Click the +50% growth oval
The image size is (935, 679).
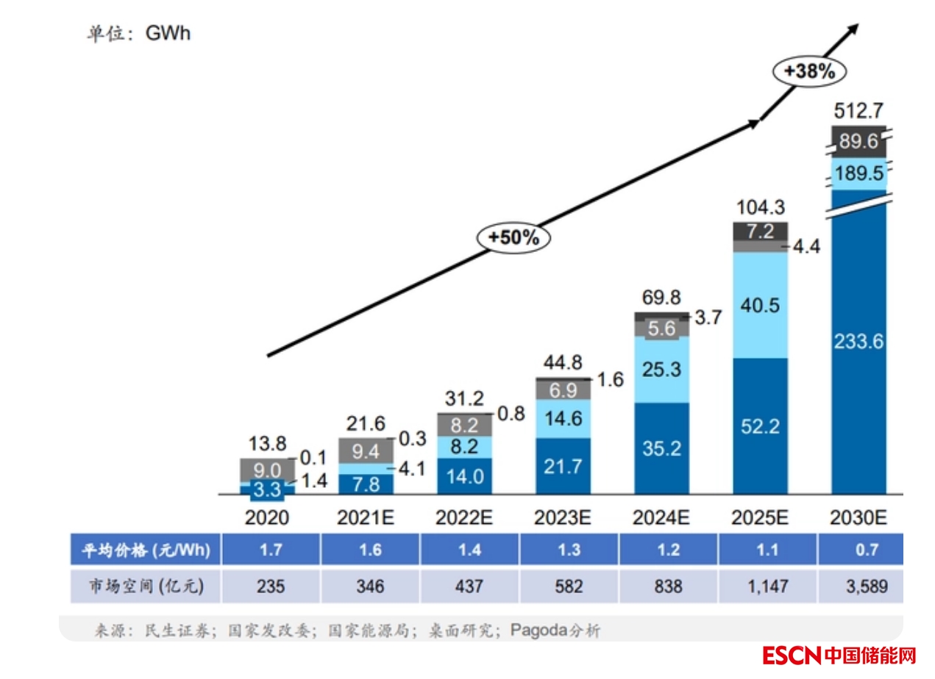tap(513, 237)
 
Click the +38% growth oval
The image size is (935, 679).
tap(809, 71)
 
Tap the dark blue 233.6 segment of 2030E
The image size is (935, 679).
tap(858, 340)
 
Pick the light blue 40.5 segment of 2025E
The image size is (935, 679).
tap(761, 305)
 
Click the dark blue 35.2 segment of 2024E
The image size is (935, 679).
tap(661, 448)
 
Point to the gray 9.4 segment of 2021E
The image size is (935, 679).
tap(366, 450)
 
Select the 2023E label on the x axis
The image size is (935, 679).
tap(563, 517)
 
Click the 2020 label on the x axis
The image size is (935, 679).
tap(267, 517)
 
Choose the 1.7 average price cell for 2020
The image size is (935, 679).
tap(271, 550)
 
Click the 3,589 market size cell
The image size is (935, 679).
tap(861, 586)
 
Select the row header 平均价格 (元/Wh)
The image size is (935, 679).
tap(145, 550)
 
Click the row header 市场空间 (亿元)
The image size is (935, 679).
tap(145, 586)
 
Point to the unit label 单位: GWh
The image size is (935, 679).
tap(138, 34)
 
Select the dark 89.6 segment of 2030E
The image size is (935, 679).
tap(858, 142)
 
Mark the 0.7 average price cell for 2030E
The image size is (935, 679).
tap(861, 550)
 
